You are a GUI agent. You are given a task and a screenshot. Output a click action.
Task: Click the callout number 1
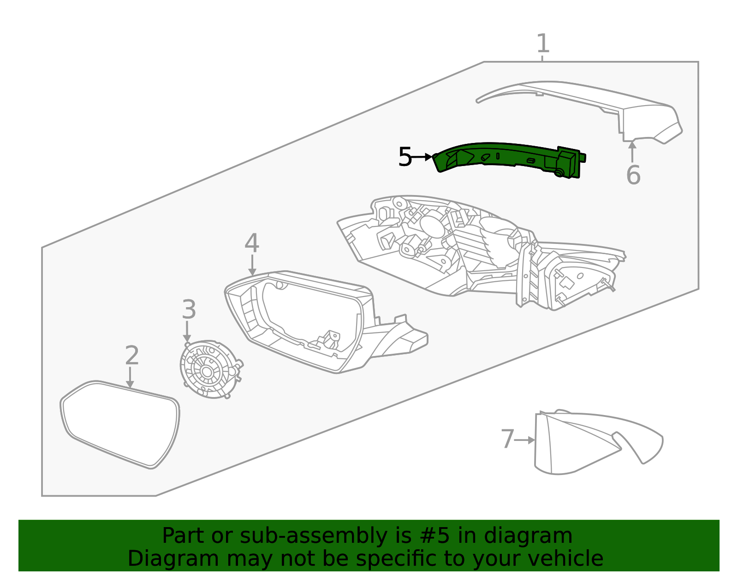(543, 44)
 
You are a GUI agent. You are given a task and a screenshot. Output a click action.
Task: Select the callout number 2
(132, 356)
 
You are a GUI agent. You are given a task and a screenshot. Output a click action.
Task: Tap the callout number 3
(189, 310)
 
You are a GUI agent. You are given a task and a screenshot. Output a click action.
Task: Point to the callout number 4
(252, 243)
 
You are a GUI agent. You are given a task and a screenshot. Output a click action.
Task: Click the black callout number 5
(405, 157)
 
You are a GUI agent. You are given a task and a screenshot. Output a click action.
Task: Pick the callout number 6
(633, 176)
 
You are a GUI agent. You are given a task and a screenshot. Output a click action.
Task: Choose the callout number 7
(507, 439)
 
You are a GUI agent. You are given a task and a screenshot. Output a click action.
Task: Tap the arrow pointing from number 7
(525, 440)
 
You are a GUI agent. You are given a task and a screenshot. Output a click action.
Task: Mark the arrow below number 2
(131, 377)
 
